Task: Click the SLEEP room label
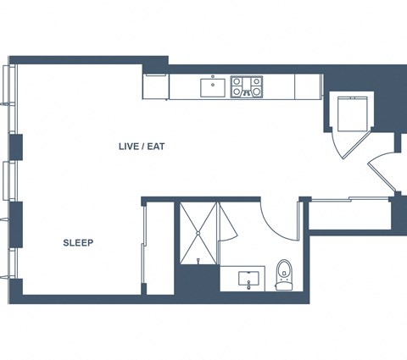click(78, 243)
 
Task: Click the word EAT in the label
click(156, 147)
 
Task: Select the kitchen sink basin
click(213, 88)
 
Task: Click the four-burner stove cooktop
click(247, 87)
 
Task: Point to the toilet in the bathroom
click(284, 274)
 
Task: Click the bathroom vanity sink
click(248, 279)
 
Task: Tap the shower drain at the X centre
click(198, 233)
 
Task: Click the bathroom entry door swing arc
click(273, 230)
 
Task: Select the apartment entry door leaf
click(382, 178)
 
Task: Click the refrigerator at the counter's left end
click(156, 86)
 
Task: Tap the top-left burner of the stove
click(237, 82)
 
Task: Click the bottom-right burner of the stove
click(256, 91)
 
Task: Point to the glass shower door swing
click(227, 223)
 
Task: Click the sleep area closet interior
click(160, 248)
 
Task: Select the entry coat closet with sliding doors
click(350, 215)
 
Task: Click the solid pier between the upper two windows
click(16, 147)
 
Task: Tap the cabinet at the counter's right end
click(307, 86)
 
